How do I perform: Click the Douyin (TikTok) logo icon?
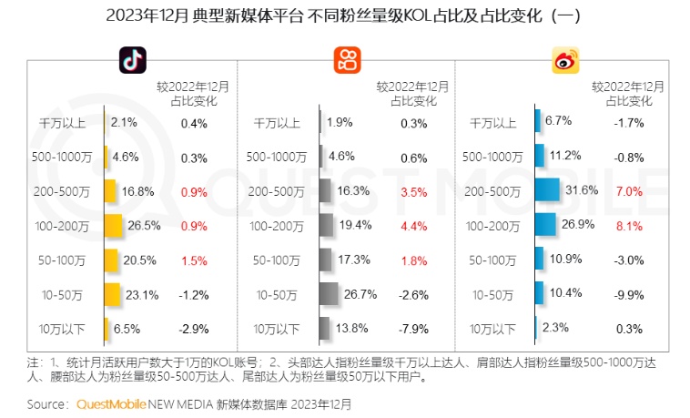click(132, 60)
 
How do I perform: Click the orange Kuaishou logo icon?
click(346, 60)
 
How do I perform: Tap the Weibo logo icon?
click(563, 61)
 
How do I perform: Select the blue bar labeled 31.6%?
click(546, 189)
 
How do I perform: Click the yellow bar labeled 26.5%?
click(114, 224)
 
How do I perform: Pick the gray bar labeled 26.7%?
click(329, 293)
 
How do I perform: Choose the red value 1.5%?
click(194, 259)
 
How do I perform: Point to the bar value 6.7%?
click(558, 121)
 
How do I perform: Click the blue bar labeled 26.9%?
click(544, 224)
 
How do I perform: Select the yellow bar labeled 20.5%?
click(112, 259)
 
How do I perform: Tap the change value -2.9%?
click(194, 328)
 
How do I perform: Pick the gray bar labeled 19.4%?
click(326, 224)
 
